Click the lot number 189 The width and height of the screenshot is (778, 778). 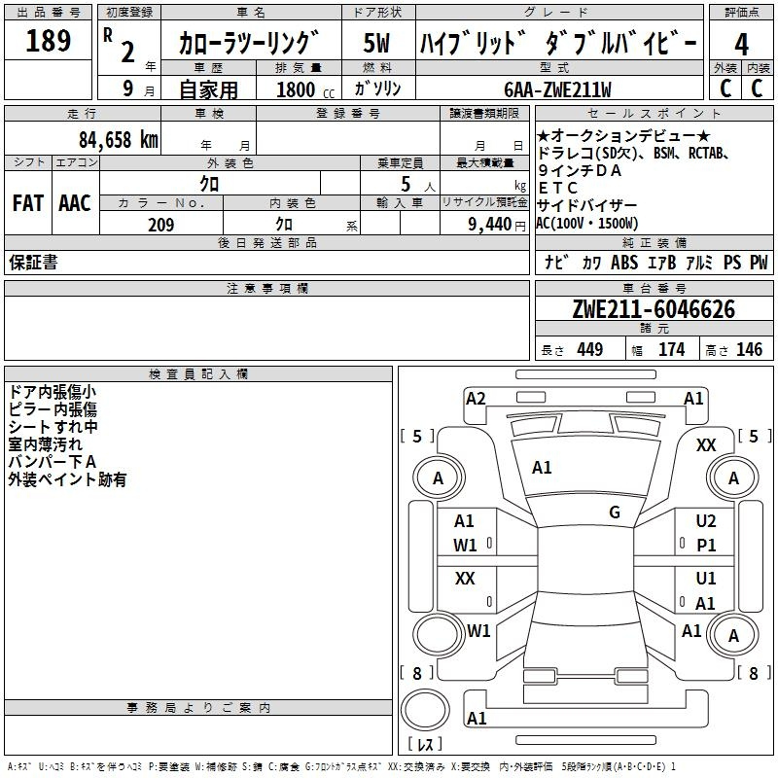pos(48,40)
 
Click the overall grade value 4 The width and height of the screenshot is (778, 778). pos(741,45)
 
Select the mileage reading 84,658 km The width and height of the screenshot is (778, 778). pos(119,140)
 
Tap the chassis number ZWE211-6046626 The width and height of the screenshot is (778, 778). pos(654,309)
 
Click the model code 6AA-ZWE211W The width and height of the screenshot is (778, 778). pos(557,89)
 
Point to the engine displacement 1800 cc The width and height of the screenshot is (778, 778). pos(305,89)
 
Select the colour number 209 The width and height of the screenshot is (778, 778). pos(161,225)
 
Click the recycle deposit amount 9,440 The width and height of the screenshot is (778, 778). pos(489,225)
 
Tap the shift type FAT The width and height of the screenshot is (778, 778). pos(28,203)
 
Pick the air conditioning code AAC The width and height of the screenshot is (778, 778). pos(75,203)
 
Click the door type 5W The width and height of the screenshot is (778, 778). pos(376,43)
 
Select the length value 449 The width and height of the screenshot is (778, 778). pos(590,349)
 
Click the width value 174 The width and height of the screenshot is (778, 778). pos(671,349)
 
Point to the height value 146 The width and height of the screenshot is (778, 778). pos(749,349)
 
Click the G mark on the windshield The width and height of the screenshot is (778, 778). pos(615,513)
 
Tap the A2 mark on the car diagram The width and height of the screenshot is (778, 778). pos(476,399)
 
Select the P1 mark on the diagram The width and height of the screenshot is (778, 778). pos(706,546)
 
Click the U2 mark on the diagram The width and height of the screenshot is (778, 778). pos(706,521)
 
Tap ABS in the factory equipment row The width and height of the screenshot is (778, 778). pos(624,263)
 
